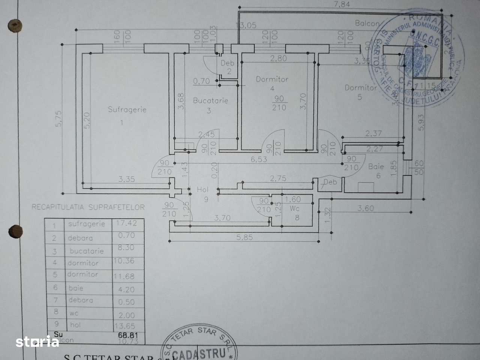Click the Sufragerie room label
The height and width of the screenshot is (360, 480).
pos(127,109)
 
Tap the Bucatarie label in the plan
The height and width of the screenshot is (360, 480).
pos(210,100)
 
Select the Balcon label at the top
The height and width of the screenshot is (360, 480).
pos(367,23)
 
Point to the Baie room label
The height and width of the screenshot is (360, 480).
pos(376,166)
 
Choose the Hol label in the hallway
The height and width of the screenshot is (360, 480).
pos(203,190)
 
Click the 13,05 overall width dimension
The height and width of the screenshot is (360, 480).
pos(245,25)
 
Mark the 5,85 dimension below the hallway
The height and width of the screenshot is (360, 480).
pos(244,237)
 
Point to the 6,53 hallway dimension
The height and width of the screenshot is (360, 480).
pos(259,159)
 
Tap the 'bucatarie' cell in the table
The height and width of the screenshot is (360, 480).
pos(86,251)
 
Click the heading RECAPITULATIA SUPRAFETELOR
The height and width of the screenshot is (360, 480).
pos(88,207)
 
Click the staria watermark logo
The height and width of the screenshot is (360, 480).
pos(37,342)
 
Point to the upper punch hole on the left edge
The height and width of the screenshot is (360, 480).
pos(15,25)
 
